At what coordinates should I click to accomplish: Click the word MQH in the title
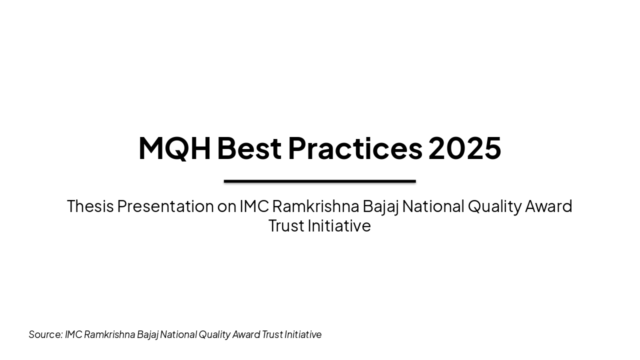[174, 148]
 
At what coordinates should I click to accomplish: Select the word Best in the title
[249, 148]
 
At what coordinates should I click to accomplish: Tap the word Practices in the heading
[355, 148]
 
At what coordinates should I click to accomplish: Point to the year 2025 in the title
[464, 148]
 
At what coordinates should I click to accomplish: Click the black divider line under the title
[319, 181]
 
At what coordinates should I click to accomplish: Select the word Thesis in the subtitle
[90, 206]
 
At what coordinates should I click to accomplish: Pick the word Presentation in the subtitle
[165, 206]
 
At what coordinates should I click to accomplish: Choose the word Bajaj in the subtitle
[380, 206]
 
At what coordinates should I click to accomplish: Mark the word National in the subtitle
[433, 206]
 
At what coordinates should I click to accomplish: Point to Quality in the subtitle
[494, 206]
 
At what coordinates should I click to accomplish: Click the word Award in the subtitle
[548, 206]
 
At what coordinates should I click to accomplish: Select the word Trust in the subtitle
[286, 225]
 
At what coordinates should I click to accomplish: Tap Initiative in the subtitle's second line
[339, 225]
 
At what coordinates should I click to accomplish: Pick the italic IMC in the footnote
[73, 334]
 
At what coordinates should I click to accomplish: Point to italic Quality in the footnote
[214, 334]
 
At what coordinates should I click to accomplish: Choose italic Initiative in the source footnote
[303, 334]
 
